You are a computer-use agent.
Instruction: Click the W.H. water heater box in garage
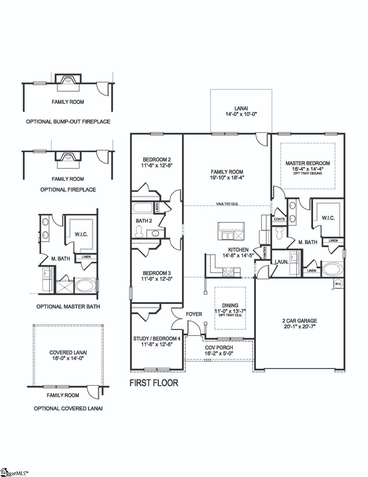click(337, 283)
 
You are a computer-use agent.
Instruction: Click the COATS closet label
click(279, 219)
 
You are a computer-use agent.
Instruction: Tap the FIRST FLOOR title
click(154, 383)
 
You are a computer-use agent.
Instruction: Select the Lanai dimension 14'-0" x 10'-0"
click(241, 114)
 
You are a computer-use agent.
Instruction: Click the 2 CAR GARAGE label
click(299, 321)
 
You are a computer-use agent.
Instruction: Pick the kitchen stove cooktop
click(228, 272)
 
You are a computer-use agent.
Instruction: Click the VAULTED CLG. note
click(227, 204)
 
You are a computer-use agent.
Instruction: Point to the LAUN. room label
click(281, 262)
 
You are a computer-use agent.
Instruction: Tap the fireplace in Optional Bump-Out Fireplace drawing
click(68, 79)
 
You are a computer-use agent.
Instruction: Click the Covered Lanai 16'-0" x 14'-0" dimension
click(68, 358)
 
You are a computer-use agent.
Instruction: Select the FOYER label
click(194, 314)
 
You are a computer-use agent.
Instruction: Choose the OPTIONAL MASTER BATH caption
click(68, 307)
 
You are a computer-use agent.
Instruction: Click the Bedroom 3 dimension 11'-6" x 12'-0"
click(157, 279)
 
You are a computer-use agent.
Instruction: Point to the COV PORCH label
click(219, 348)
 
